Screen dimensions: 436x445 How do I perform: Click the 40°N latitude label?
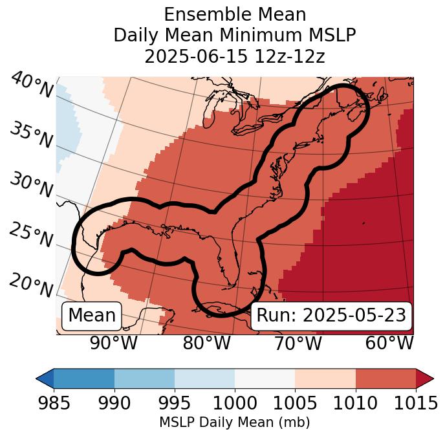click(x=32, y=85)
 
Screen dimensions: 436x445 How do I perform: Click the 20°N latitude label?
click(x=31, y=285)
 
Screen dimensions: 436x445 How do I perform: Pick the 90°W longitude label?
click(x=113, y=343)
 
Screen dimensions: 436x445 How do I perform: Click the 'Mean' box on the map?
click(x=92, y=316)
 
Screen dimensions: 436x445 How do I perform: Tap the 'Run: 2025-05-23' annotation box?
click(x=331, y=316)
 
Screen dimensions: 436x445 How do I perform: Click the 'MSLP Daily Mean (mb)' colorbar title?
click(x=235, y=422)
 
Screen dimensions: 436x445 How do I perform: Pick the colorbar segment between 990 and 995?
click(x=144, y=378)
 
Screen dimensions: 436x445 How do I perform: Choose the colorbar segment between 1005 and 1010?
click(x=325, y=378)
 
